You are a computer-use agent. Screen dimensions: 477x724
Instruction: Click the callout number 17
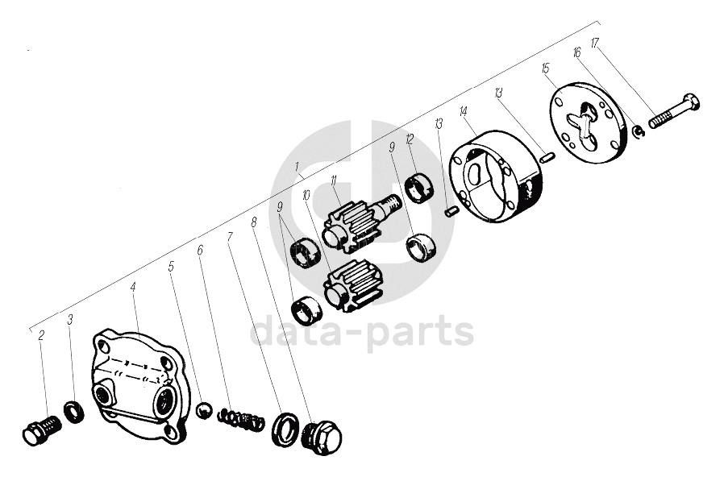click(595, 43)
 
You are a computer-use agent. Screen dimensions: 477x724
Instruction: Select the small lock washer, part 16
click(637, 131)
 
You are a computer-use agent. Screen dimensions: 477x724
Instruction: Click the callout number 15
click(545, 68)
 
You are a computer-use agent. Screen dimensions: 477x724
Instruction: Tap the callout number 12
click(410, 139)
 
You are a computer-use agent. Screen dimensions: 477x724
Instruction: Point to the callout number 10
click(306, 195)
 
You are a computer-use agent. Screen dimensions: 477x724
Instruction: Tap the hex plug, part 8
click(324, 436)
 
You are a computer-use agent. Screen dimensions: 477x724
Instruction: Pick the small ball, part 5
click(205, 411)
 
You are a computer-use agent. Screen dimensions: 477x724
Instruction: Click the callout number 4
click(133, 286)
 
